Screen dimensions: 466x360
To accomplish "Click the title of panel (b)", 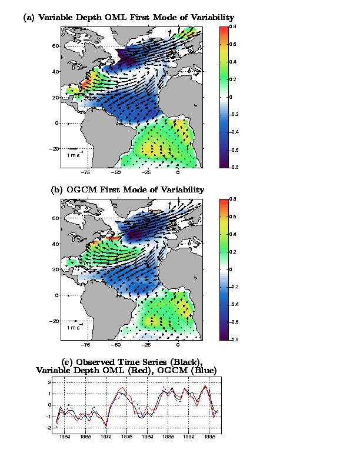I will point(128,189).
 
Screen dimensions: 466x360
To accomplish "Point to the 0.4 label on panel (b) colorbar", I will point(233,234).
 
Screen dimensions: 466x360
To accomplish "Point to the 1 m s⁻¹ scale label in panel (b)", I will point(75,327).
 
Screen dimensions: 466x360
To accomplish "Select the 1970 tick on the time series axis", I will point(106,437).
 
